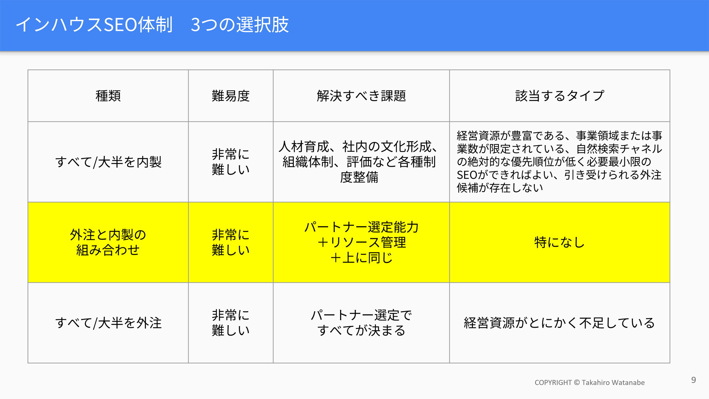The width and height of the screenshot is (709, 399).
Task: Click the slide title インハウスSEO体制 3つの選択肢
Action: pos(152,25)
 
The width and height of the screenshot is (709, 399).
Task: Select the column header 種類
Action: pos(108,96)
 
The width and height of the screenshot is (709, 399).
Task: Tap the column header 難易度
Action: pos(231,96)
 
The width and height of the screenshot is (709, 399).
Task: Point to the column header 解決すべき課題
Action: pos(361,96)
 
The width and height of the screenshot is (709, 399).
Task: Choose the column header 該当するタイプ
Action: pos(559,96)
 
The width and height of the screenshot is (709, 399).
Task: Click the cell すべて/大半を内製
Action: pos(108,162)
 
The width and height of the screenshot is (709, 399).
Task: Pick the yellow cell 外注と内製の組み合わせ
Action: pos(108,242)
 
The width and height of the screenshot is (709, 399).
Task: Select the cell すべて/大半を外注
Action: pos(108,323)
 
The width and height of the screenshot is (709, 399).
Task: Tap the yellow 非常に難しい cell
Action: pos(231,242)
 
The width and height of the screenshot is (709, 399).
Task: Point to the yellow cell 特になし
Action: pos(559,242)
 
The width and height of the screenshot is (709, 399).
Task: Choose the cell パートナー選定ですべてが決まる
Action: pos(361,323)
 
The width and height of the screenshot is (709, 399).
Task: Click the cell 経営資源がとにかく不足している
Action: pos(559,323)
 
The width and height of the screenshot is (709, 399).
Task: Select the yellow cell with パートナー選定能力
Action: pos(361,242)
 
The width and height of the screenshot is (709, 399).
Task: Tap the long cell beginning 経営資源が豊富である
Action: pos(559,162)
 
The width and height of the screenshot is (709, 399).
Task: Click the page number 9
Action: pos(693,380)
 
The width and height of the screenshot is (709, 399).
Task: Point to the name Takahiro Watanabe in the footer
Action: pos(613,383)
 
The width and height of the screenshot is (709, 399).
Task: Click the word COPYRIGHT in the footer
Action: pos(553,383)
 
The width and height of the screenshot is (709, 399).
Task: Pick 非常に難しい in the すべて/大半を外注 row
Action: pos(231,323)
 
